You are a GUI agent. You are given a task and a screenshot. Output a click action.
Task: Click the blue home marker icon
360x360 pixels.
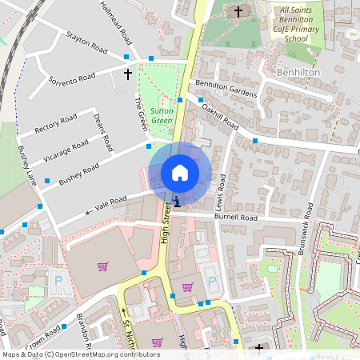tap(180, 173)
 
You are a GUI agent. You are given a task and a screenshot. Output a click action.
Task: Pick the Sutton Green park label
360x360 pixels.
tap(162, 116)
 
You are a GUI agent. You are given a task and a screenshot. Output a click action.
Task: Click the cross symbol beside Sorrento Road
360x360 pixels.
tap(127, 74)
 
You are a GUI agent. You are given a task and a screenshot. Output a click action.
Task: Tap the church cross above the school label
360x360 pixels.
tap(238, 12)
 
